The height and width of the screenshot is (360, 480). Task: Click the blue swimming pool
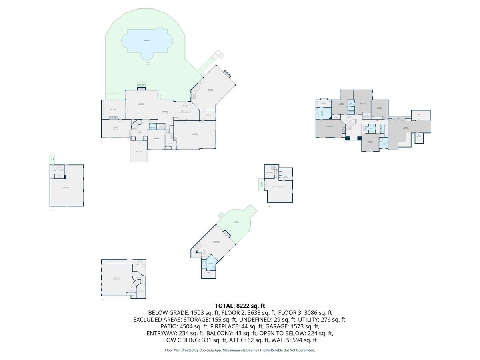147,41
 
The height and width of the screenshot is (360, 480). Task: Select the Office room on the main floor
113,109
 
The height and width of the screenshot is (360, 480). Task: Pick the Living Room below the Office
116,129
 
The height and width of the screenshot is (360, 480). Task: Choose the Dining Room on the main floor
156,140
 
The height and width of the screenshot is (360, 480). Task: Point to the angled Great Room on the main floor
210,90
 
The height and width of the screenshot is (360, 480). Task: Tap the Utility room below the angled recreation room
208,274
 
